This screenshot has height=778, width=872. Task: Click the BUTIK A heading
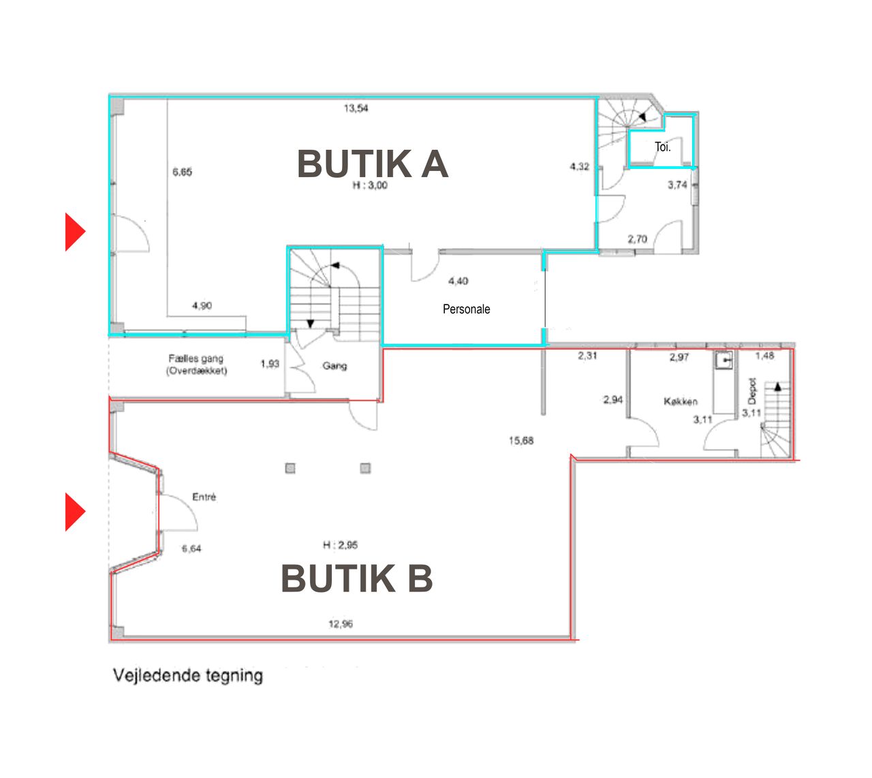373,164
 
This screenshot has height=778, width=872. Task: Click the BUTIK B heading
357,578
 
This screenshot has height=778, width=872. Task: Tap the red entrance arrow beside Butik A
76,232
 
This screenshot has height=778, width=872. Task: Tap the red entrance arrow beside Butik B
76,512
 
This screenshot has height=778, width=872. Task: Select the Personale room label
466,309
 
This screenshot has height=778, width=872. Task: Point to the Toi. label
662,147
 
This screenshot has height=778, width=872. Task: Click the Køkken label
681,402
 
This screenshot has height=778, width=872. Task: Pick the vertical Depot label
752,391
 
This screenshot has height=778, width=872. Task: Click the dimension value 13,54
356,108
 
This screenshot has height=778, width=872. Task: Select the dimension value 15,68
520,441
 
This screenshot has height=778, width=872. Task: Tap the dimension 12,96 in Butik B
341,624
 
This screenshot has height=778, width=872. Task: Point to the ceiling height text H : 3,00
370,185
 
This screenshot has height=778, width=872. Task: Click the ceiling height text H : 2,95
340,545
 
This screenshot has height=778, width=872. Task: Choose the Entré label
204,497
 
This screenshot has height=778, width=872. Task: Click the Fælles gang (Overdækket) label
196,364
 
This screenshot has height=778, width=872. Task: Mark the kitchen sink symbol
724,360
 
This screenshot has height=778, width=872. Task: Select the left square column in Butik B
290,468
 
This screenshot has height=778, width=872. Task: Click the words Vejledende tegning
187,675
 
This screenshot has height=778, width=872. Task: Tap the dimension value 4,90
202,306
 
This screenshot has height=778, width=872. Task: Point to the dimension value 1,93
270,364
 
